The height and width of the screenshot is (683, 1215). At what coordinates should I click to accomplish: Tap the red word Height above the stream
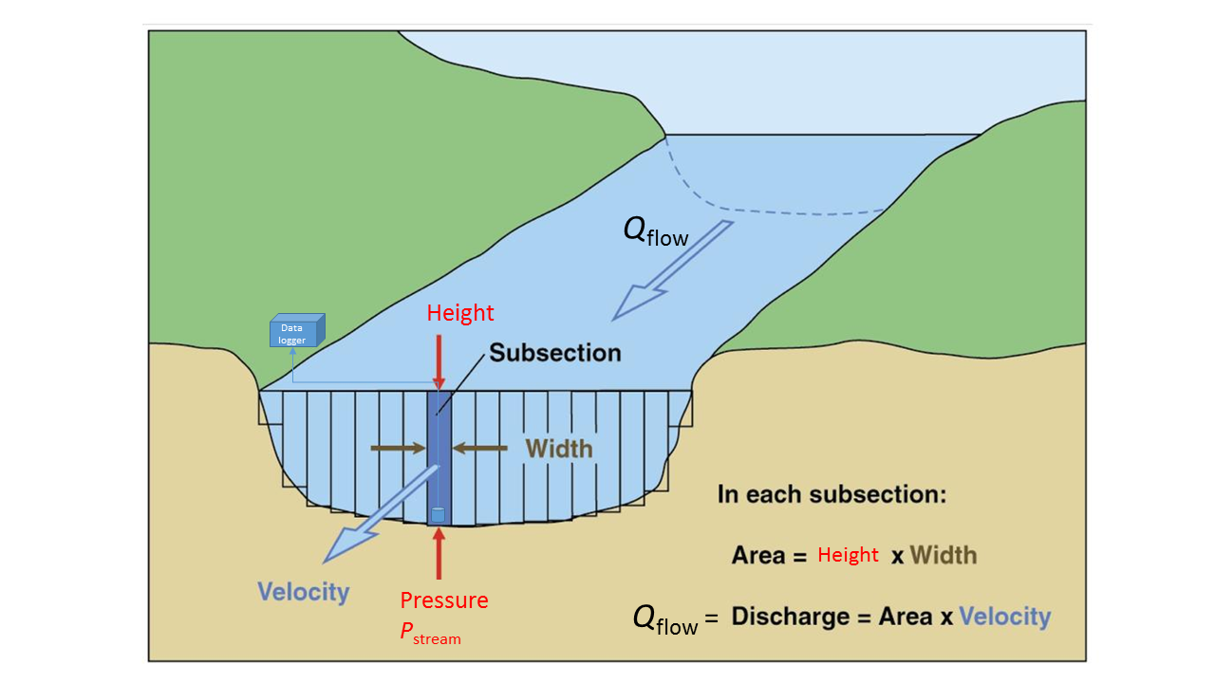460,313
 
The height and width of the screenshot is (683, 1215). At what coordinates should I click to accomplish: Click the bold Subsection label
555,353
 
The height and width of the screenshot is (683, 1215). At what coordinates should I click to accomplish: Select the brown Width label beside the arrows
559,448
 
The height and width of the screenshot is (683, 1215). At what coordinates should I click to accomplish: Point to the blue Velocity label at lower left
304,592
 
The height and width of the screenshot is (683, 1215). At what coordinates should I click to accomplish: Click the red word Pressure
444,600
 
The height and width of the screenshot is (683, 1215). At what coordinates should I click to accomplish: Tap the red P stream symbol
430,634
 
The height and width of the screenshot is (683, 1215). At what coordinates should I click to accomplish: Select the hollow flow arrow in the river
674,269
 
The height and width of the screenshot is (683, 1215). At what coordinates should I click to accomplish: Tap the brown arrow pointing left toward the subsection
480,447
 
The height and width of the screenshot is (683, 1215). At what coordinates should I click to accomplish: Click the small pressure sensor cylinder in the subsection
438,514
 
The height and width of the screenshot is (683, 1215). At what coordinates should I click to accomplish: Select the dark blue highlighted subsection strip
439,455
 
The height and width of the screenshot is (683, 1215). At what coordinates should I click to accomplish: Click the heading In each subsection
832,494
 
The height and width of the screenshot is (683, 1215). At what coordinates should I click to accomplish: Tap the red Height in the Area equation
848,555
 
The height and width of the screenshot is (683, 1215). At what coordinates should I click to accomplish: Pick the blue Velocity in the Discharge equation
1004,618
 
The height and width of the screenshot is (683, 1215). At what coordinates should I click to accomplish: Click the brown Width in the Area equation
944,555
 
